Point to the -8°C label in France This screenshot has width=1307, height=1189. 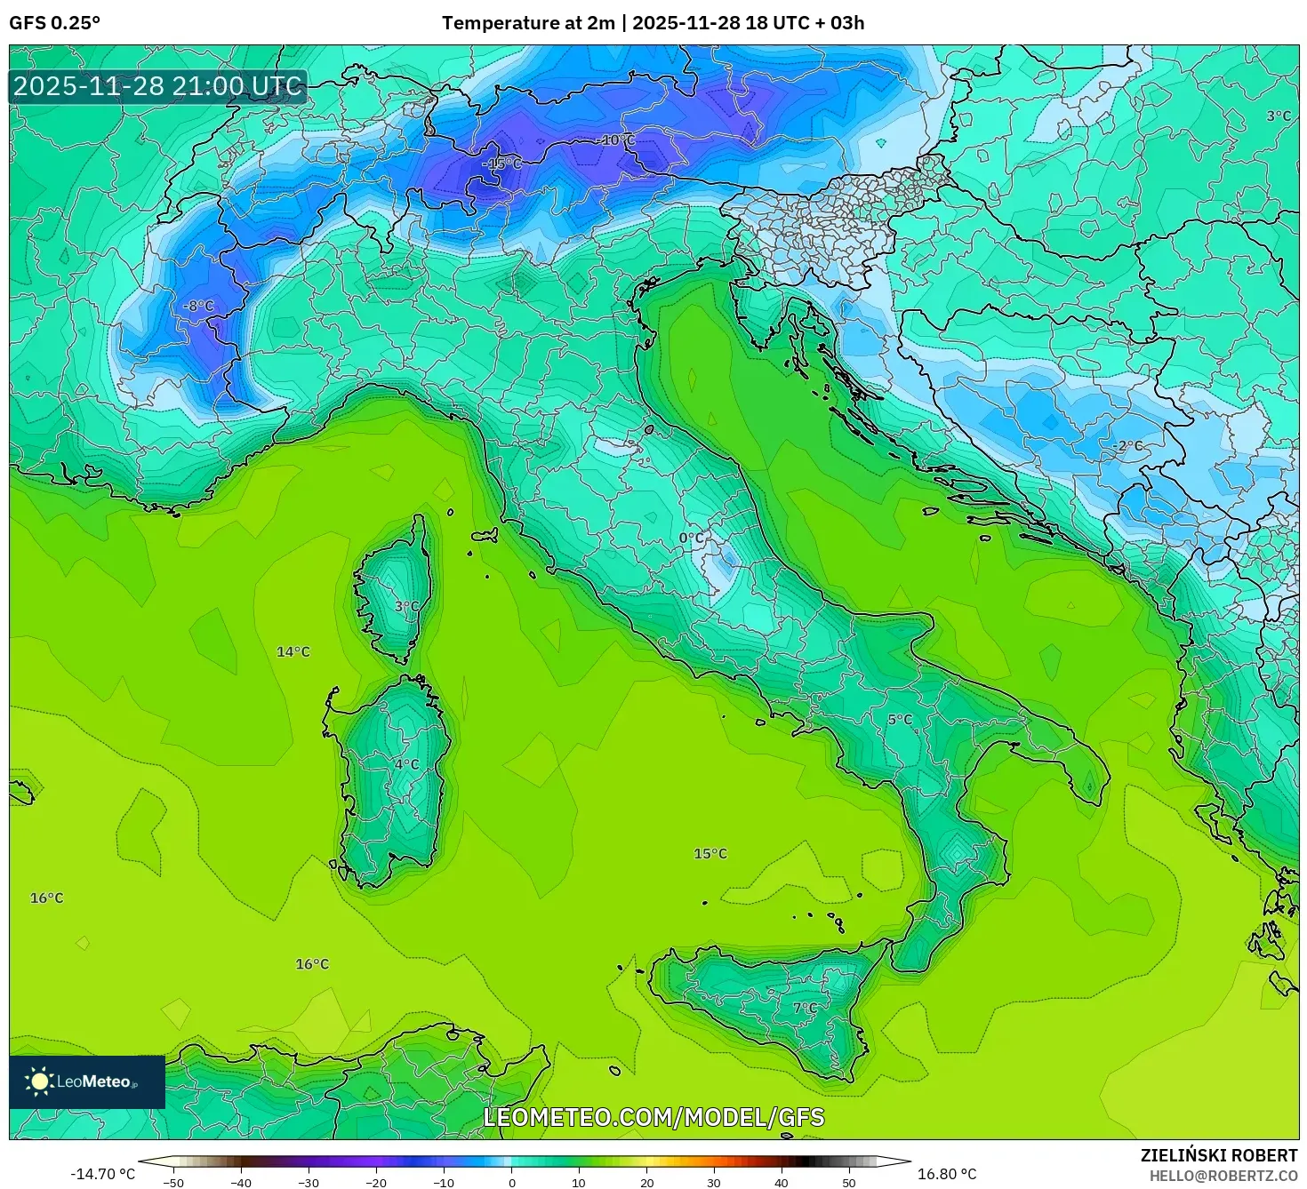[198, 306]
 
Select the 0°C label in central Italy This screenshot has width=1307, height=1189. [691, 539]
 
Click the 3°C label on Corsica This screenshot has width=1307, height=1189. [406, 606]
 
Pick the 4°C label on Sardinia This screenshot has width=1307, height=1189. [406, 764]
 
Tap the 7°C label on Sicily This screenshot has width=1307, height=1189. [805, 1008]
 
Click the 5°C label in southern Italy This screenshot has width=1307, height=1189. [900, 720]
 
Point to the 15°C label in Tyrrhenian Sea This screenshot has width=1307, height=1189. [710, 854]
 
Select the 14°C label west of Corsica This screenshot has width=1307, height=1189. [293, 652]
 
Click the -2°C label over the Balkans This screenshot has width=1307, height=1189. [1127, 446]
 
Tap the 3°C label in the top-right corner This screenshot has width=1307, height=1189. [1279, 116]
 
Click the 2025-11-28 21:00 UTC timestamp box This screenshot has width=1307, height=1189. [158, 86]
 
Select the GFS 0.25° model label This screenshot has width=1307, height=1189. [55, 23]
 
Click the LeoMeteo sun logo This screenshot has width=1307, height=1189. [40, 1081]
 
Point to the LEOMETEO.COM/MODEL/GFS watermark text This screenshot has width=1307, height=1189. [653, 1117]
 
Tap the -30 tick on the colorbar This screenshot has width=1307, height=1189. [308, 1183]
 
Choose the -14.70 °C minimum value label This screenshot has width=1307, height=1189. [103, 1174]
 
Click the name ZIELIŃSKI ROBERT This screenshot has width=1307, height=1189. [1219, 1155]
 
